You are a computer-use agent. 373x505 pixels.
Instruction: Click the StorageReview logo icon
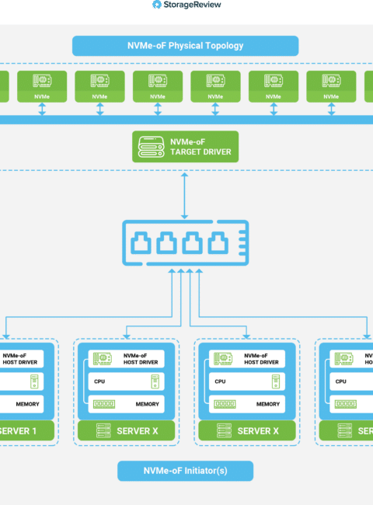coord(156,5)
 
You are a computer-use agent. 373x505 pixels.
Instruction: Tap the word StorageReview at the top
coord(192,5)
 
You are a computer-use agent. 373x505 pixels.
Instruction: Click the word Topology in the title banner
coord(224,46)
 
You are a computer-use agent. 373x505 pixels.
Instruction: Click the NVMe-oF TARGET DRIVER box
coord(185,147)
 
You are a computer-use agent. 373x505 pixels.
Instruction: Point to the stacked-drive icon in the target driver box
coord(151,147)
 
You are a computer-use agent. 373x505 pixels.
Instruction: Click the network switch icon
coord(185,243)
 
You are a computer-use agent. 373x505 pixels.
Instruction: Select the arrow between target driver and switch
coord(184,196)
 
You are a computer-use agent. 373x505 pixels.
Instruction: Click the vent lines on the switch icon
coord(242,243)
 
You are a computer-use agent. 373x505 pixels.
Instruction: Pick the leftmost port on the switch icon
coord(141,242)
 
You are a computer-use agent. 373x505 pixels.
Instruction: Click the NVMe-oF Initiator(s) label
coord(185,471)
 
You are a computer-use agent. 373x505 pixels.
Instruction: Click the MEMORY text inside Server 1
coord(27,404)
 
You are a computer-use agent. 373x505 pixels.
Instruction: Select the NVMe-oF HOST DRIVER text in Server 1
coord(19,359)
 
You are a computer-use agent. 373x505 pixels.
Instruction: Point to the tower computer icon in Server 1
coord(34,381)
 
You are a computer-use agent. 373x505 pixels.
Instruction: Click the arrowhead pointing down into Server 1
coord(6,336)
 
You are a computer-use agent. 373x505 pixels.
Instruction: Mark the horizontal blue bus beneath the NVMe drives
coord(186,120)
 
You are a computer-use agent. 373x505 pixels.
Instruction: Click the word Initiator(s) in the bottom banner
coord(206,471)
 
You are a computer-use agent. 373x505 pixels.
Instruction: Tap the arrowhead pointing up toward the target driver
coord(184,175)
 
